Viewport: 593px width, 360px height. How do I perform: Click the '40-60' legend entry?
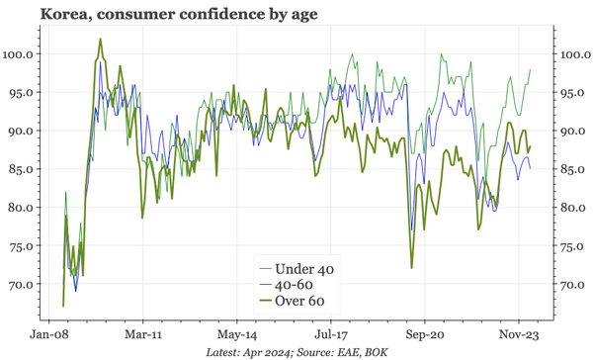pos(296,285)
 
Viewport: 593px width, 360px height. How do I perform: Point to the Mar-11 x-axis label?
pos(143,334)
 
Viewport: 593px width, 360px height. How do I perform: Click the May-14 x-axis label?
pos(237,334)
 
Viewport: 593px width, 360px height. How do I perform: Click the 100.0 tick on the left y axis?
pos(20,54)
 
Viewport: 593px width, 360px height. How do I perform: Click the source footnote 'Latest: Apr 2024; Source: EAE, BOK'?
pos(296,352)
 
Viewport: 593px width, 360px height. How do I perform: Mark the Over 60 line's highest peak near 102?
pos(101,40)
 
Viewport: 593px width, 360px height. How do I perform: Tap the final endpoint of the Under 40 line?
pos(530,70)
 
